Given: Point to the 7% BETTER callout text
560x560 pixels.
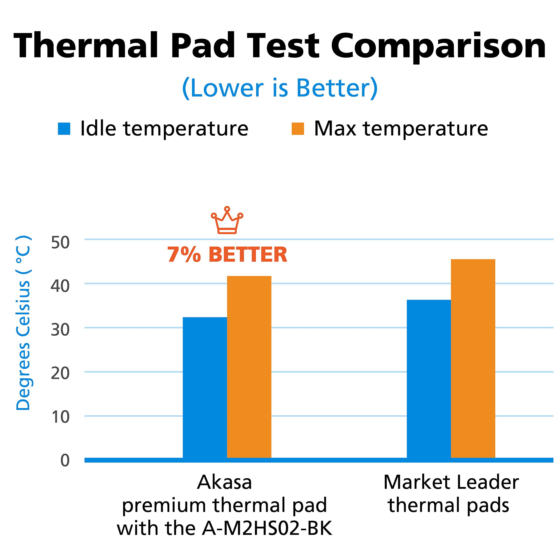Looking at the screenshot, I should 227,254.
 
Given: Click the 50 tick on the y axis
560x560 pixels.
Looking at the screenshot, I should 60,242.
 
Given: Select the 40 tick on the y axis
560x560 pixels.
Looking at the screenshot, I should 60,286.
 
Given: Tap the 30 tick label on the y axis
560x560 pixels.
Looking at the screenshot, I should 60,330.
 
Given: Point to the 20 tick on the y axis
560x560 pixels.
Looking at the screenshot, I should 60,373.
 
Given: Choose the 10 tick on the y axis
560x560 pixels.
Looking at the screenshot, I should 60,417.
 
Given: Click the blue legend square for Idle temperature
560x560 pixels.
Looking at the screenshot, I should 64,129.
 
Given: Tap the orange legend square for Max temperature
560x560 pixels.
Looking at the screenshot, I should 298,129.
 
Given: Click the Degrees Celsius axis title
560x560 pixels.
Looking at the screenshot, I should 23,323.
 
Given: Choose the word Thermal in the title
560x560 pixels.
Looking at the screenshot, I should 86,46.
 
